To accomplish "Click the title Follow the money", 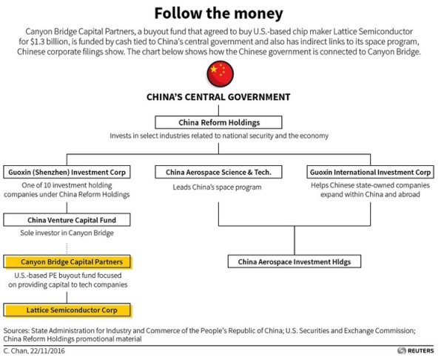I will pyautogui.click(x=220, y=13).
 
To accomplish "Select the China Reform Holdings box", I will pyautogui.click(x=220, y=122).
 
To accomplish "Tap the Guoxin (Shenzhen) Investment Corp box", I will pyautogui.click(x=67, y=172).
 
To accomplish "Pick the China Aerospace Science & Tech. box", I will pyautogui.click(x=219, y=172).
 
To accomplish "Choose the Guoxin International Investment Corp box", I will pyautogui.click(x=370, y=172).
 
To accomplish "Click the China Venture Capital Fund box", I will pyautogui.click(x=67, y=219).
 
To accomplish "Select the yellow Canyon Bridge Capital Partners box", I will pyautogui.click(x=67, y=261).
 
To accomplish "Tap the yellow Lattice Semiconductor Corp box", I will pyautogui.click(x=67, y=309).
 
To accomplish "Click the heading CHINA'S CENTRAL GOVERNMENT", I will pyautogui.click(x=220, y=97).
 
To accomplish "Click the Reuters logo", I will pyautogui.click(x=417, y=350).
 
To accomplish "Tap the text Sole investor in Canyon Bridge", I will pyautogui.click(x=66, y=233).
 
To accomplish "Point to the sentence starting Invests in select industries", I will pyautogui.click(x=220, y=136).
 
